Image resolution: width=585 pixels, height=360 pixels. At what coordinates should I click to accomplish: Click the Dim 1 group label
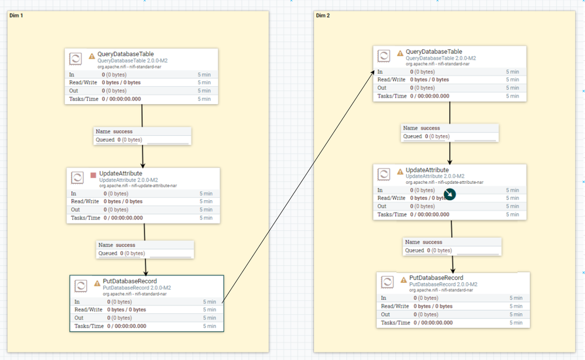[x=16, y=15]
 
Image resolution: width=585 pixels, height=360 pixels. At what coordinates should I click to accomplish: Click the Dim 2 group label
[x=323, y=15]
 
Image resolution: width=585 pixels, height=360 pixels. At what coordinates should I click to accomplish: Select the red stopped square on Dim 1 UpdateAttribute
[x=93, y=175]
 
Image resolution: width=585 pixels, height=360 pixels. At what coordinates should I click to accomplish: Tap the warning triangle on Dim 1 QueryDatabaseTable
[x=92, y=56]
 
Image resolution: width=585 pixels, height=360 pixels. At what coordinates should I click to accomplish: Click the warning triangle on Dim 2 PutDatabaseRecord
[x=403, y=280]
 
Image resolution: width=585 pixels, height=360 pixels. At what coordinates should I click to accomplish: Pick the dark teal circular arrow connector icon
[x=450, y=194]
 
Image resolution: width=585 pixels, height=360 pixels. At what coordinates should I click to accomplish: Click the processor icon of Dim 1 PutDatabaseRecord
[x=81, y=286]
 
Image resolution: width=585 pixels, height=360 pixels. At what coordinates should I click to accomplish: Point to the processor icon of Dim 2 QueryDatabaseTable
[x=384, y=56]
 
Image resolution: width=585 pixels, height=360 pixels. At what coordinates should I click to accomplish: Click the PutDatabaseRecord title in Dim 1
[x=130, y=281]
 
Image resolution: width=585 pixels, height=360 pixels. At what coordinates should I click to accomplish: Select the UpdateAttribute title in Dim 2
[x=427, y=170]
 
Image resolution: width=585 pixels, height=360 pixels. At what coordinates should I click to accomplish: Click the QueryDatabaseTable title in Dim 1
[x=125, y=54]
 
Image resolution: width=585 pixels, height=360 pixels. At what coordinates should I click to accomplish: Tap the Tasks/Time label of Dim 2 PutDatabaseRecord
[x=395, y=323]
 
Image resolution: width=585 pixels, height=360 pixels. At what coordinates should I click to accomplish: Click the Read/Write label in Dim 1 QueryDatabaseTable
[x=83, y=83]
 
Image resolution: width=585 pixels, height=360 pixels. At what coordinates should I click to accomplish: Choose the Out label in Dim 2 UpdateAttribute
[x=382, y=206]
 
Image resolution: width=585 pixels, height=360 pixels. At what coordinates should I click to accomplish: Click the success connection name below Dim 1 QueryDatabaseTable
[x=123, y=131]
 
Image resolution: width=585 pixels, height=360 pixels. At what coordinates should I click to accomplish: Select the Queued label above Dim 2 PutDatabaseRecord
[x=415, y=251]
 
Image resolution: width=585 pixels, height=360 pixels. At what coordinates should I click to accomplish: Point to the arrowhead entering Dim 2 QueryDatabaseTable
[x=372, y=73]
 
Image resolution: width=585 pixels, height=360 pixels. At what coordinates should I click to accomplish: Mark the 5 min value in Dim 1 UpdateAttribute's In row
[x=206, y=194]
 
